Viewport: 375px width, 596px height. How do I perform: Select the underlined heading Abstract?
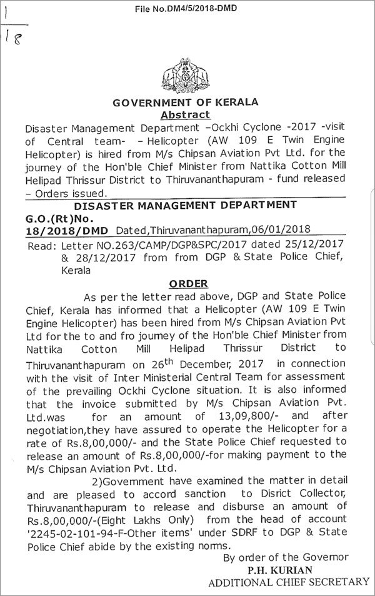pyautogui.click(x=186, y=114)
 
